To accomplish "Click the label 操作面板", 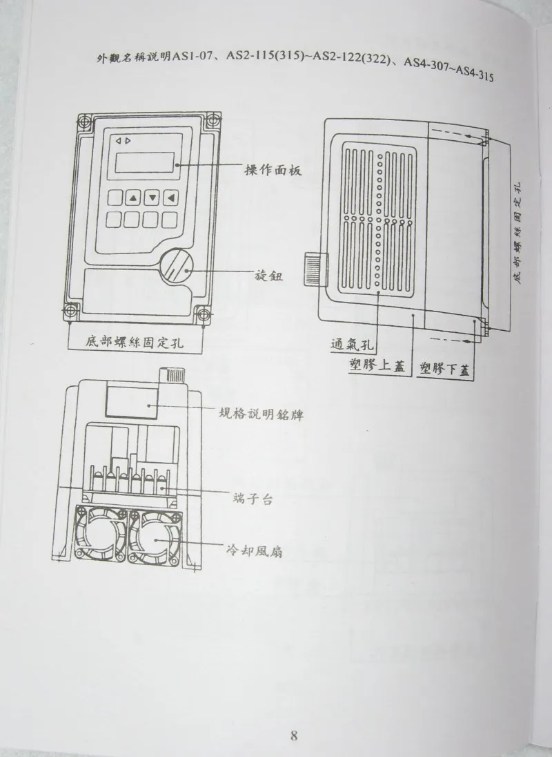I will pos(274,169).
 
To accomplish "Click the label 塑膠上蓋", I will pos(376,367).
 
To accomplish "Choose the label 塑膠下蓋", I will pos(448,370).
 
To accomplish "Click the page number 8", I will pos(293,735).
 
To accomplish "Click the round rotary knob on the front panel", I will pos(179,267).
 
